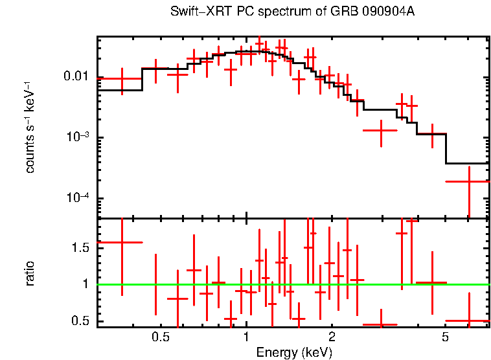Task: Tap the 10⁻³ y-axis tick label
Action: [x=78, y=137]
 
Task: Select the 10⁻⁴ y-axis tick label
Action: [x=78, y=198]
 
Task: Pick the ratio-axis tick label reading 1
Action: [x=87, y=284]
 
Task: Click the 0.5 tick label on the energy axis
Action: [x=160, y=337]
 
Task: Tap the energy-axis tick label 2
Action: [x=332, y=337]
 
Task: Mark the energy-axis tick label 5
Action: [x=445, y=337]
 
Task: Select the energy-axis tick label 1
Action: [x=246, y=337]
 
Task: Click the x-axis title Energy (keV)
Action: [x=294, y=353]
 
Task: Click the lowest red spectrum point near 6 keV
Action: [x=468, y=181]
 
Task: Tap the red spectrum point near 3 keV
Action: [x=380, y=130]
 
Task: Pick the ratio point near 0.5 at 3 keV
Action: [x=380, y=324]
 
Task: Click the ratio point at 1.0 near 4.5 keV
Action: [x=431, y=283]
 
